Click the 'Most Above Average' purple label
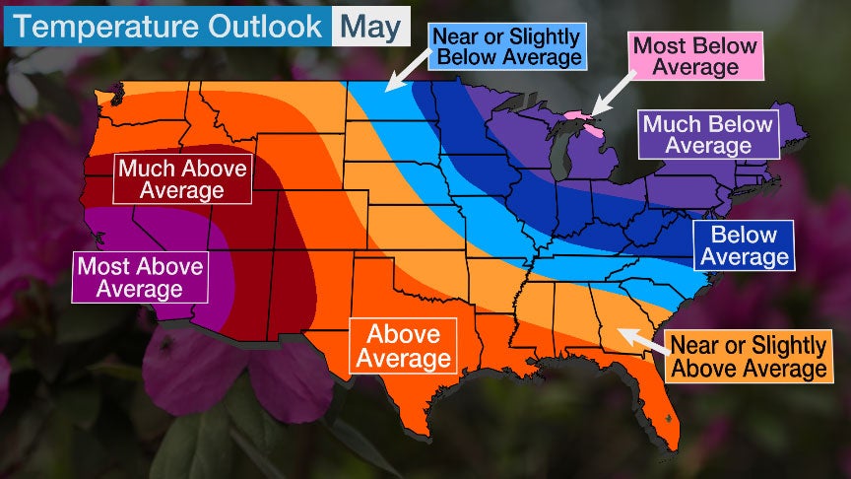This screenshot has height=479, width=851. click(140, 277)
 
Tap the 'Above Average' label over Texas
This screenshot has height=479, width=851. click(402, 345)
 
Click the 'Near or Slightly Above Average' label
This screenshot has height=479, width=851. click(747, 357)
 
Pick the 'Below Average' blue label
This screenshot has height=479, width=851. click(744, 246)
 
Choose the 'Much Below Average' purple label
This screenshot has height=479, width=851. click(707, 135)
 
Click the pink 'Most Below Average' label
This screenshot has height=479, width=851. click(695, 56)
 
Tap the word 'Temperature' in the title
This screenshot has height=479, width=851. click(90, 27)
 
